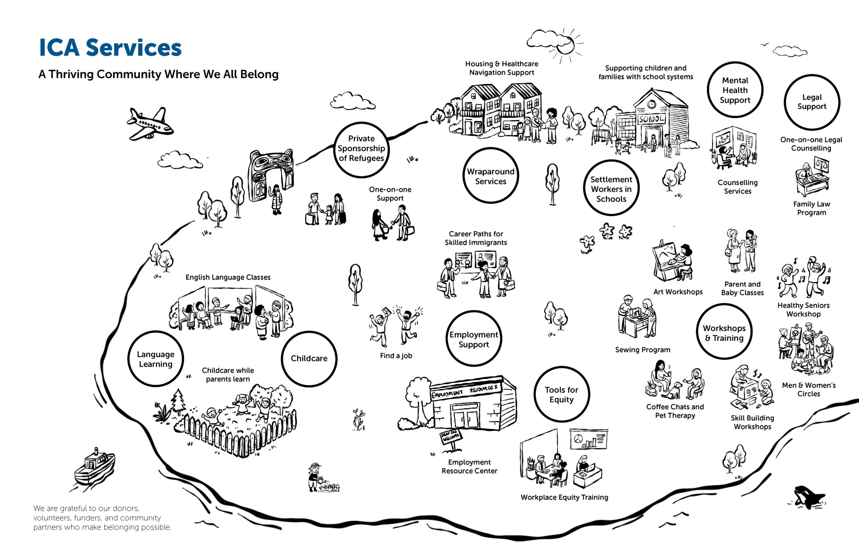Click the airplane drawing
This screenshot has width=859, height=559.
(150, 124)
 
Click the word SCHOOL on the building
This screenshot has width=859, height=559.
(652, 119)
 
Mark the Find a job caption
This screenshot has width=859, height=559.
(396, 356)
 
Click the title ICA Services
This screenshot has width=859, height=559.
(110, 48)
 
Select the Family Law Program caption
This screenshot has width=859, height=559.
(812, 208)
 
